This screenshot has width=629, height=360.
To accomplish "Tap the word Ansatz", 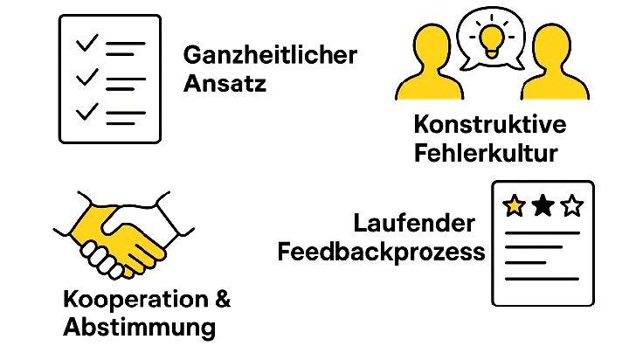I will (225, 86).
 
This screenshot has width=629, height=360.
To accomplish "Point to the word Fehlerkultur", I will (485, 155).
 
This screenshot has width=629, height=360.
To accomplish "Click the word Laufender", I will (414, 224).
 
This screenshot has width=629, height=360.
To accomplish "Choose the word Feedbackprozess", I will (381, 253).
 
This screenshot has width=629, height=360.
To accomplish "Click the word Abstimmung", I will (139, 329).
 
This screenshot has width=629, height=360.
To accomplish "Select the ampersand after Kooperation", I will (223, 300).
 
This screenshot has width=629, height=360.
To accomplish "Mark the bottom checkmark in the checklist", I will (87, 111).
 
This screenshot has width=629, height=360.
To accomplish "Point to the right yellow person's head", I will (550, 45).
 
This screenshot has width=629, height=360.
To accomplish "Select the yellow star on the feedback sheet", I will (515, 206).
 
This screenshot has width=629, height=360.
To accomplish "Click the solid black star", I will (543, 206).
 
